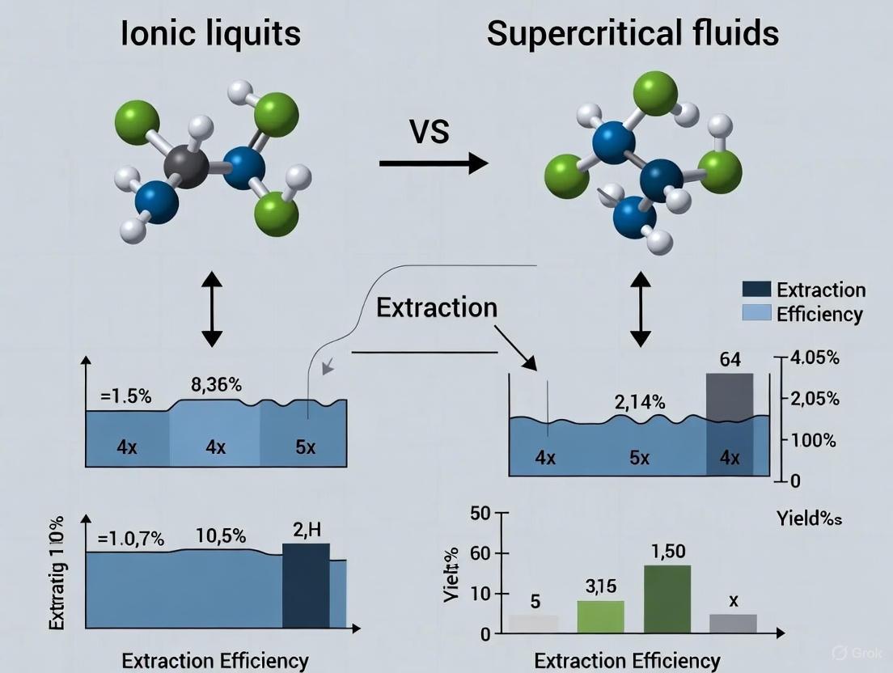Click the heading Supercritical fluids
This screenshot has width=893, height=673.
click(633, 33)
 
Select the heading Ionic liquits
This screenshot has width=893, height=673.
click(210, 33)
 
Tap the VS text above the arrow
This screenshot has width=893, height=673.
click(430, 130)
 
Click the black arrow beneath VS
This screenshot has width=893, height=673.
click(434, 163)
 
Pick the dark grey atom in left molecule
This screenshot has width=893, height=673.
click(187, 167)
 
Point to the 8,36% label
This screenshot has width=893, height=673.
click(215, 385)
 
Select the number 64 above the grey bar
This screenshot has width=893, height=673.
click(730, 359)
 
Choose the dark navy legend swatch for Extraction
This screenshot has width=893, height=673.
click(756, 290)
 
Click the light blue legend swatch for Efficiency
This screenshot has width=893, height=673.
click(756, 314)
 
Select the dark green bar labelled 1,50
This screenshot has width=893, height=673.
click(667, 599)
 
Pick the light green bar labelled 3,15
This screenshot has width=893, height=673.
click(601, 616)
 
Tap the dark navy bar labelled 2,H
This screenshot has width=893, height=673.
click(306, 585)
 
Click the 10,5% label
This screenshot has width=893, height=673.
click(220, 535)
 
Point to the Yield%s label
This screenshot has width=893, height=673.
click(809, 519)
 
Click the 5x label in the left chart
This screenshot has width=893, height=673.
click(305, 447)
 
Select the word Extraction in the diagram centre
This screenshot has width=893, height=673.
click(437, 308)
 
